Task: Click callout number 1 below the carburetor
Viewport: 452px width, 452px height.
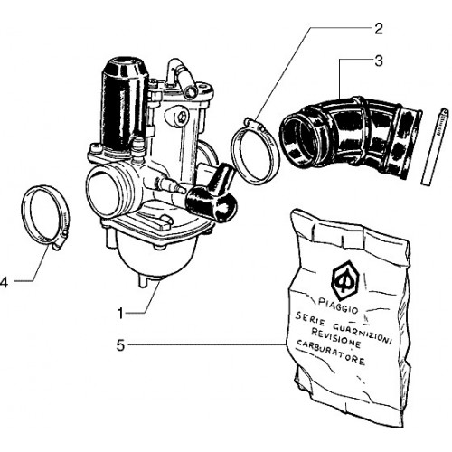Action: click(x=120, y=314)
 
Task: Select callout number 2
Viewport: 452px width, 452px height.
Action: click(x=378, y=29)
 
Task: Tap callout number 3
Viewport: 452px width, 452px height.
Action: click(x=379, y=61)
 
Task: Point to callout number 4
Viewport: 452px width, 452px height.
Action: click(x=4, y=283)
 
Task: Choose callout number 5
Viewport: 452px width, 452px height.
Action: click(x=120, y=345)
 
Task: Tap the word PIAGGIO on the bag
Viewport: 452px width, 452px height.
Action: click(x=338, y=306)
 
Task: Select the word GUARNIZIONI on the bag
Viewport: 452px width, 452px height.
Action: click(x=363, y=334)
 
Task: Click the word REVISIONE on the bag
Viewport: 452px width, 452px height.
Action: click(x=335, y=338)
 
